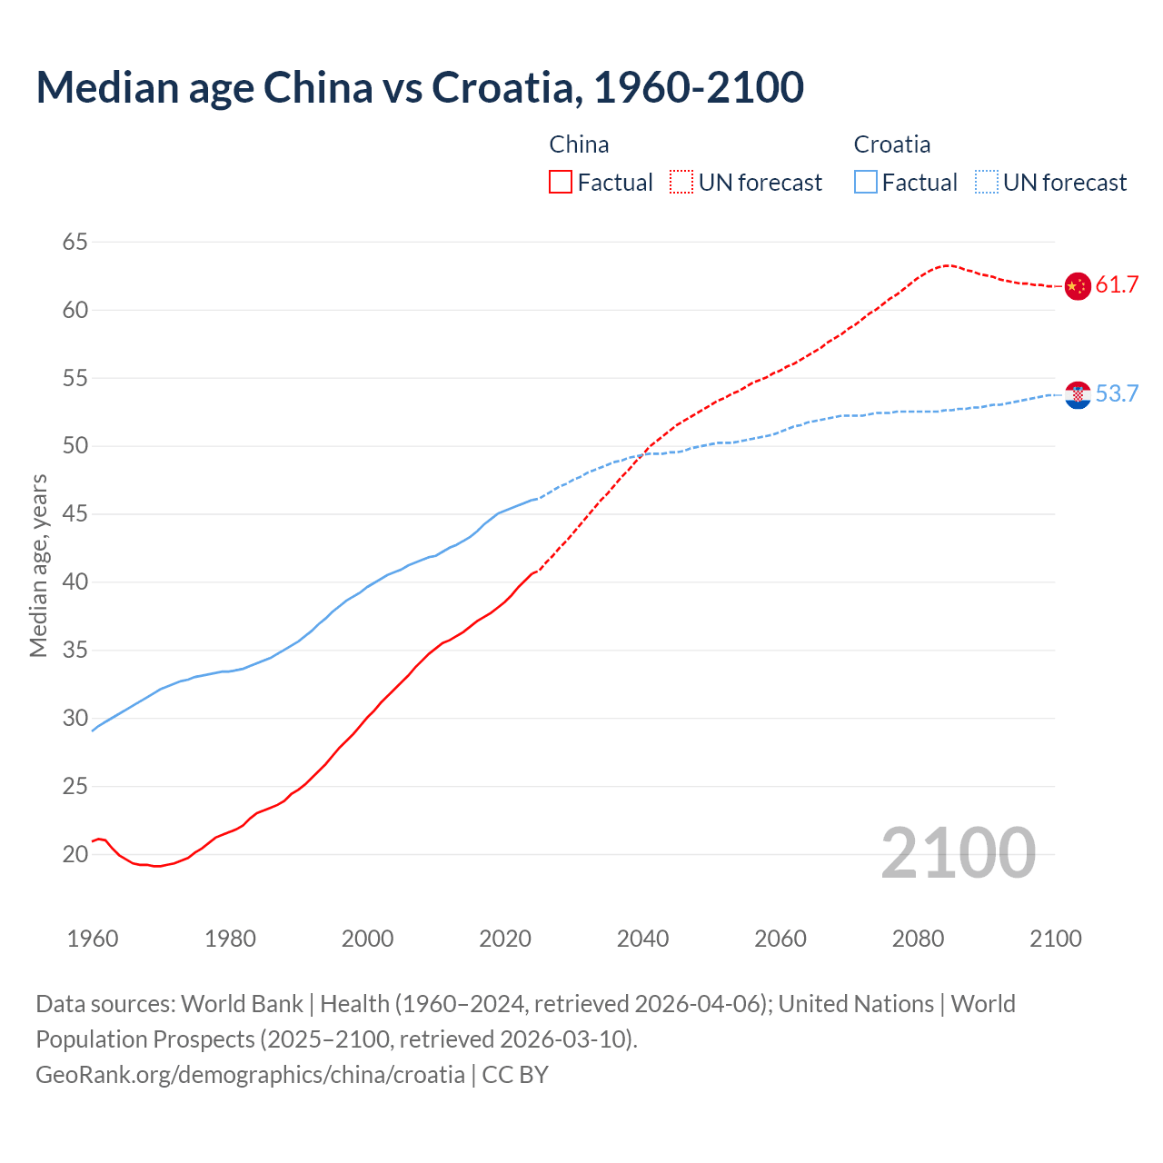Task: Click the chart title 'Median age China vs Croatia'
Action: pos(420,87)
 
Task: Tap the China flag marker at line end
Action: pos(1077,285)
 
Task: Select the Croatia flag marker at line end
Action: pos(1077,394)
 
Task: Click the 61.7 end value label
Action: pos(1117,285)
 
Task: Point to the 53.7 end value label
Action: pos(1117,394)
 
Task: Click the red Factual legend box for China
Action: pos(561,183)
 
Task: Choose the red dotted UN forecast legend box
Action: pos(681,183)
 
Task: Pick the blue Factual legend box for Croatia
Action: pos(866,183)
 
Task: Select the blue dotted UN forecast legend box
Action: pos(987,183)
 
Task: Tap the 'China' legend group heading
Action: pos(579,144)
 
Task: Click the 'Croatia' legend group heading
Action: pos(891,144)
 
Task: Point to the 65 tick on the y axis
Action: pos(75,242)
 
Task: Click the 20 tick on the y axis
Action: pos(75,854)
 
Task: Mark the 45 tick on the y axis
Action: pos(75,514)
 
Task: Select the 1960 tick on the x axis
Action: pos(93,939)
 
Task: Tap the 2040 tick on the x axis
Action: pos(642,939)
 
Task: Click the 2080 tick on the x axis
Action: pos(918,939)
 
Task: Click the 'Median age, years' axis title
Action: pos(38,565)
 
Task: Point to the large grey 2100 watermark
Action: pos(958,852)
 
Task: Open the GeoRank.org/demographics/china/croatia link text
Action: pos(250,1075)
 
